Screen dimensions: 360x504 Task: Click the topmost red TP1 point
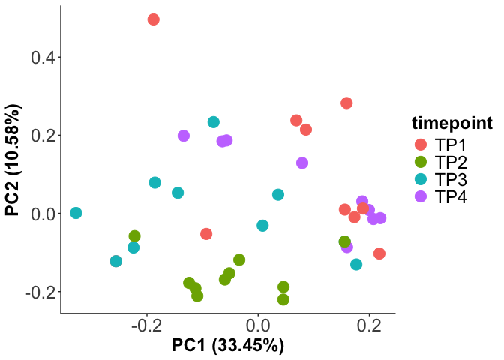(153, 19)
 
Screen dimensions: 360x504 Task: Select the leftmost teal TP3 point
(76, 213)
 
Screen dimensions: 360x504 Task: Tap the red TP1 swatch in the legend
(420, 145)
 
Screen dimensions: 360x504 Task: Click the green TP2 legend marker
(420, 162)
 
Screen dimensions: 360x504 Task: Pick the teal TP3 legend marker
(420, 179)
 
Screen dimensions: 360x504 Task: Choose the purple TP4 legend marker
(420, 196)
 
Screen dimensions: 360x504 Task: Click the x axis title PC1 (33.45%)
(228, 346)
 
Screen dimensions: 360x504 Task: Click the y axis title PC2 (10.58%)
(13, 159)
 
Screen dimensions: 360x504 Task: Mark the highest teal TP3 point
(214, 122)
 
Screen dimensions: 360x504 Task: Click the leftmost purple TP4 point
(184, 136)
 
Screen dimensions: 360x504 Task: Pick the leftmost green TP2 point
(134, 236)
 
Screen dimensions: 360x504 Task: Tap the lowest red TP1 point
(379, 253)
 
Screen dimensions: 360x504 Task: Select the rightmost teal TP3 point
(356, 264)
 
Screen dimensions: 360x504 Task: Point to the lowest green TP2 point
(283, 299)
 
